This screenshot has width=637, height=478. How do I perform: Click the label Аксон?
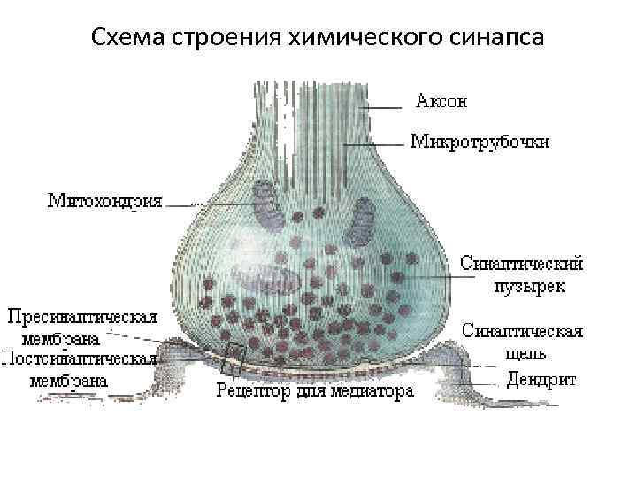click(x=441, y=101)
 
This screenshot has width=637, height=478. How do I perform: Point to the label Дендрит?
click(x=541, y=380)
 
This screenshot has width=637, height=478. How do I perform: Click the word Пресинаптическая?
click(x=83, y=316)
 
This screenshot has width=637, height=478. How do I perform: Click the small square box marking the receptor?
click(x=234, y=355)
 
